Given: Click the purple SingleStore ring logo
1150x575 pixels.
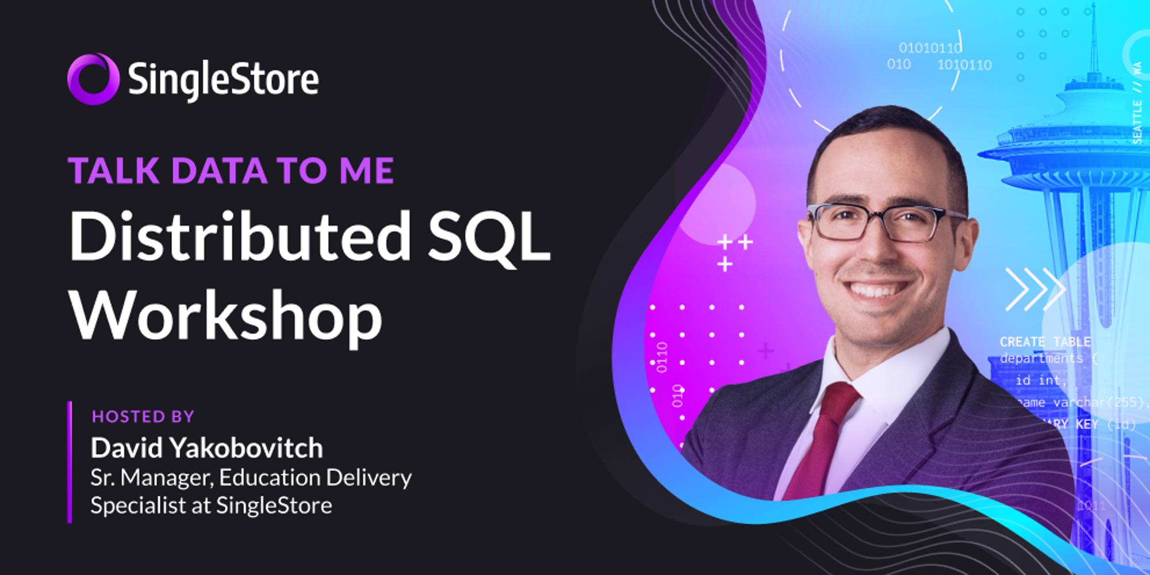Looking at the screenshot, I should (x=93, y=79).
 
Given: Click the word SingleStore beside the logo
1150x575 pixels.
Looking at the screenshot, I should (x=224, y=80).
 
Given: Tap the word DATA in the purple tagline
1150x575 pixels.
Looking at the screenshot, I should (x=218, y=170).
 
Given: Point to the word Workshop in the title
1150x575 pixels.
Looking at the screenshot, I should (x=226, y=315).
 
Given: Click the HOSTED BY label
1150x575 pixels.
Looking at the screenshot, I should (x=143, y=416).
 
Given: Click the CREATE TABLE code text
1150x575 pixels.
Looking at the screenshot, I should (x=1045, y=342).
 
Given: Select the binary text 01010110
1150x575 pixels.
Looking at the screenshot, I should (x=930, y=48).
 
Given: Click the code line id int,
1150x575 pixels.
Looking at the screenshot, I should (x=1041, y=380).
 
